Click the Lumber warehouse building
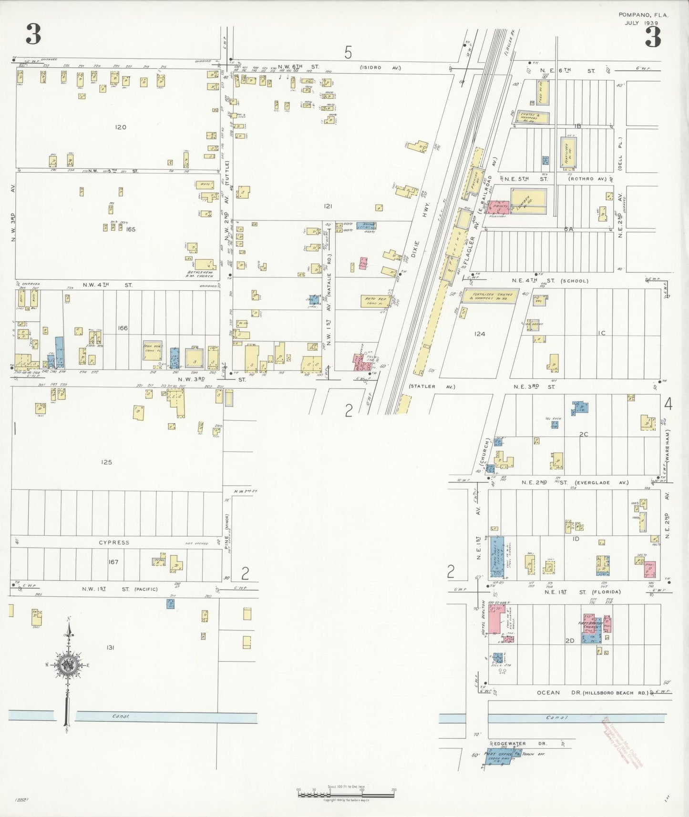[x=528, y=202]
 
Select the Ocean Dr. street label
[x=548, y=693]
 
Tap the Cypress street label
[x=114, y=542]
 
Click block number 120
[x=121, y=127]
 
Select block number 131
[x=110, y=647]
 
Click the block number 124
[x=480, y=334]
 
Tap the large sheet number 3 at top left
[x=33, y=35]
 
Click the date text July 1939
[x=641, y=23]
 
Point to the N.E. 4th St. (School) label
[x=550, y=281]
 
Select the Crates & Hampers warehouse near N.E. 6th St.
[x=531, y=118]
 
